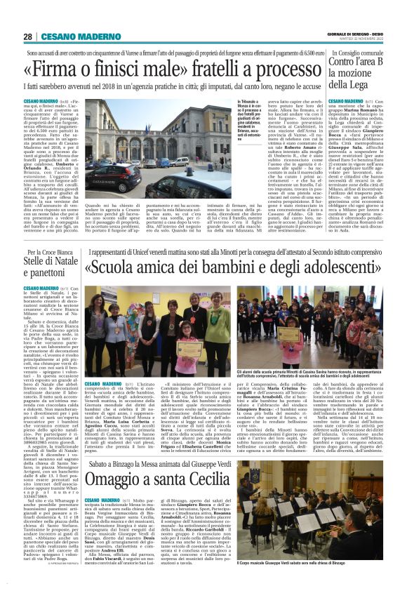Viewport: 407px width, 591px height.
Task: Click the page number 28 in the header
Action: pos(27,36)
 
